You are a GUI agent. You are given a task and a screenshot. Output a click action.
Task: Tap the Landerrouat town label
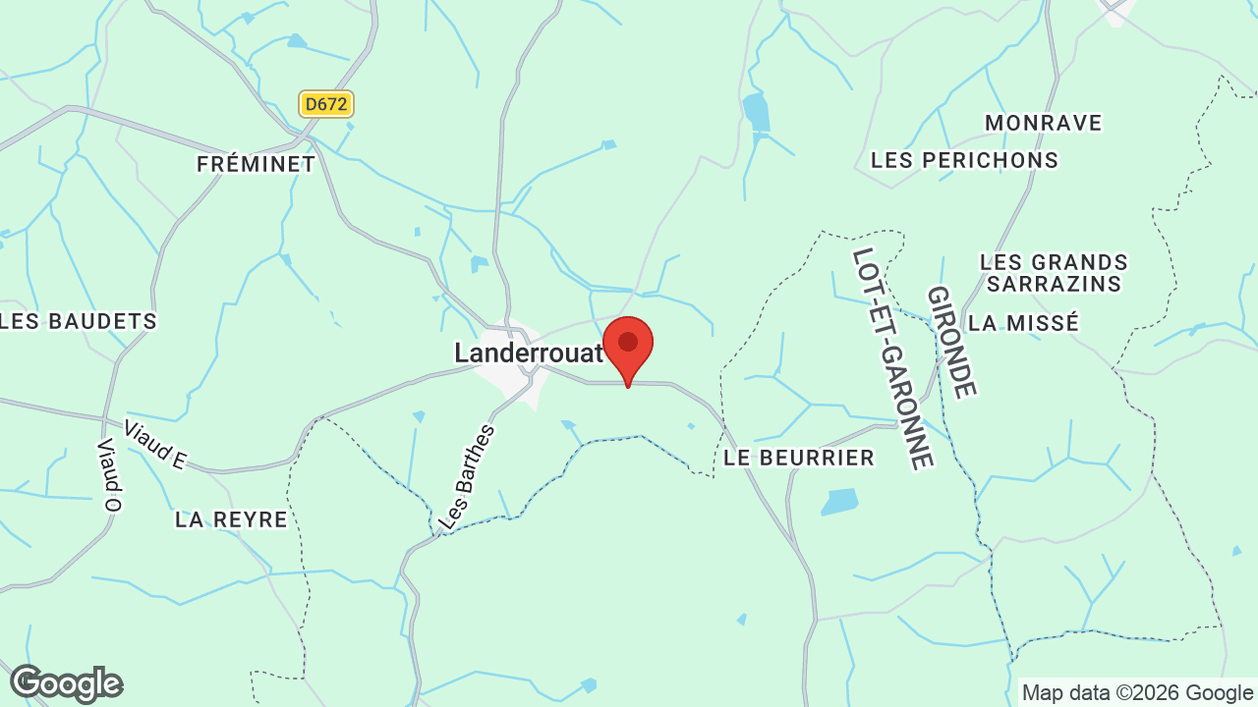(x=528, y=353)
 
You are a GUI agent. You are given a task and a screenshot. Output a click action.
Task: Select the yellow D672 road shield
(x=326, y=104)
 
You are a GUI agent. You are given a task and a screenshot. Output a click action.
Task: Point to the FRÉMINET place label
(x=256, y=164)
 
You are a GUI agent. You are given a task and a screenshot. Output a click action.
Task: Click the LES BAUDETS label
(x=79, y=321)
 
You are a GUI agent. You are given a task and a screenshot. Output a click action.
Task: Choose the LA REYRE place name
(x=231, y=519)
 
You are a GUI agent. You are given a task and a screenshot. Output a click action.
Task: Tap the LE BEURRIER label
(x=798, y=458)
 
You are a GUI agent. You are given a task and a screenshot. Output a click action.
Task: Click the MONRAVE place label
(x=1043, y=123)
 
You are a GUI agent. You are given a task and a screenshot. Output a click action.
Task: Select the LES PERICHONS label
(x=964, y=160)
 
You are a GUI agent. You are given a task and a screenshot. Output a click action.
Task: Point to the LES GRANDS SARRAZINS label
(x=1054, y=273)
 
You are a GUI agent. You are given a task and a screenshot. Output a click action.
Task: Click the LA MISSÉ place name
(x=1023, y=323)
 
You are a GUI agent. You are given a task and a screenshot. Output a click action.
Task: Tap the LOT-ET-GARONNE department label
(x=891, y=357)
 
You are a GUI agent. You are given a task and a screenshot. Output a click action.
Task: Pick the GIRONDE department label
(x=951, y=342)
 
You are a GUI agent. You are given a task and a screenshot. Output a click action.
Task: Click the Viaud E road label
(x=154, y=445)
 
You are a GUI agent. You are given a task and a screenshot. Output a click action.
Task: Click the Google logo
(x=66, y=683)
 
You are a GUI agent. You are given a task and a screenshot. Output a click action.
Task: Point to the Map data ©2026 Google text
(x=1137, y=692)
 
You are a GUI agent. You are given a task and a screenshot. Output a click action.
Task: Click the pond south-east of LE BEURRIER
(x=839, y=502)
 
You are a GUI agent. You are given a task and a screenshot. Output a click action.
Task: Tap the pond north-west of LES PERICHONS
(x=756, y=112)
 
